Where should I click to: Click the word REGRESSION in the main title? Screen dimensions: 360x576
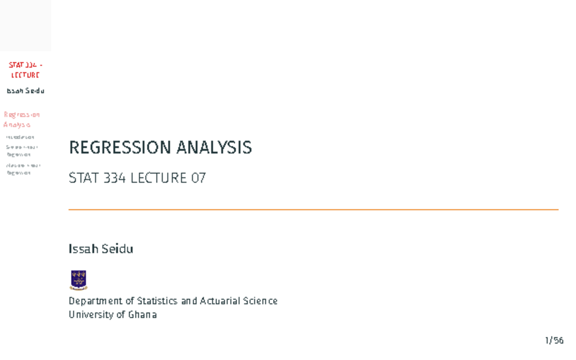tap(120, 147)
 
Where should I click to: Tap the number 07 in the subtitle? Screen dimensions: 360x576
tap(198, 178)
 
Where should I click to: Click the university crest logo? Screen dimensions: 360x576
tap(78, 280)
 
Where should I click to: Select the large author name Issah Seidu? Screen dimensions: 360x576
tap(101, 249)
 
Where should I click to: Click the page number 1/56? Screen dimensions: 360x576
tap(554, 340)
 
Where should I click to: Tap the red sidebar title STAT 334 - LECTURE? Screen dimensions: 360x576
tap(25, 70)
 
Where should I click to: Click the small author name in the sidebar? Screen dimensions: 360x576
tap(25, 91)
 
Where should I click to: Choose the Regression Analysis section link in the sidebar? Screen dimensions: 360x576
tap(22, 120)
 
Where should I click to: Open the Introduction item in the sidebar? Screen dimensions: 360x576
tap(20, 137)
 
